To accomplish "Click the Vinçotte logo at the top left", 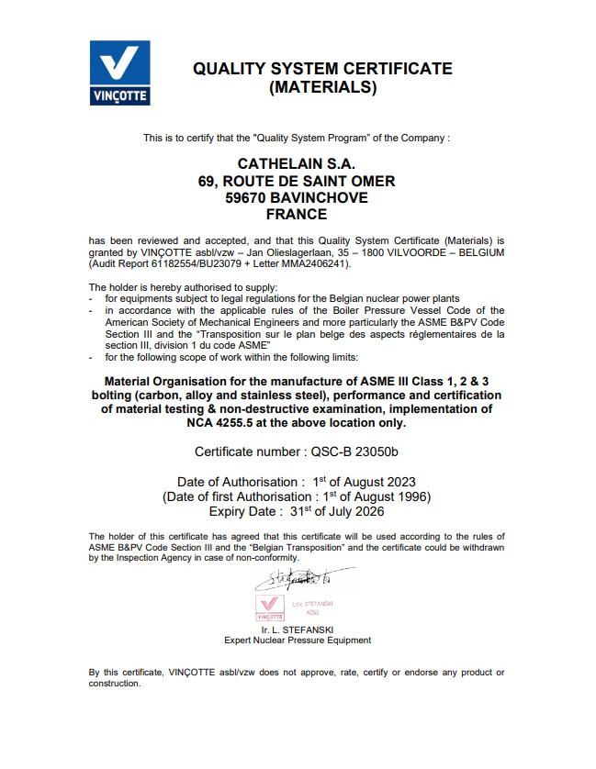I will coord(119,73).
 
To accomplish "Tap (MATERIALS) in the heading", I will coord(322,88).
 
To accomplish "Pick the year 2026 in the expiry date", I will coord(365,512).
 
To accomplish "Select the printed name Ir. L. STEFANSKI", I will coord(298,630).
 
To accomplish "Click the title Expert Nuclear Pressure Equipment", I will coord(298,641).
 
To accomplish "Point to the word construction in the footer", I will coord(114,684).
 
